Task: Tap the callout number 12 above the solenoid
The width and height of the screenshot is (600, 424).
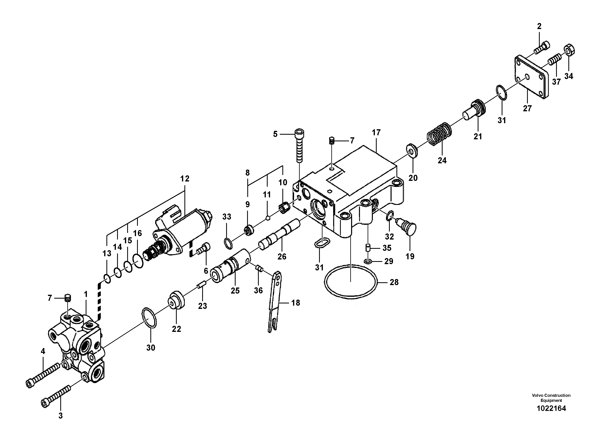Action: tap(184, 179)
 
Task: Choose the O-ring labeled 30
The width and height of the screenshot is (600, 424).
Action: tap(150, 318)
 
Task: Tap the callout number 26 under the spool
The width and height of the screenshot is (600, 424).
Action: tap(282, 256)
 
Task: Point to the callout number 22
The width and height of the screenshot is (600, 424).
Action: tap(176, 329)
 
